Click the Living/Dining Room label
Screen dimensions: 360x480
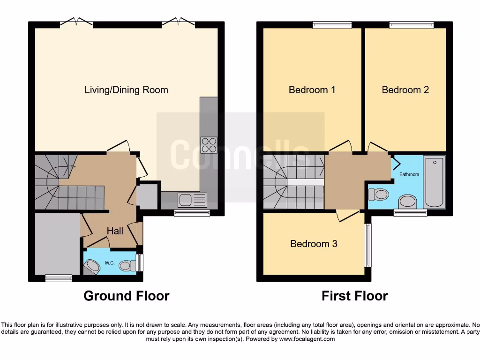126,90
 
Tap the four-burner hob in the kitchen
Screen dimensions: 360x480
209,144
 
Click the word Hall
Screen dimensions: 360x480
115,231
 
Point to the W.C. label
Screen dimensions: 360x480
110,263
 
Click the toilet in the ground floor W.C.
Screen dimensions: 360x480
126,266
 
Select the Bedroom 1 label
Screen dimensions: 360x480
312,90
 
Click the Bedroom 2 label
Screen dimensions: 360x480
405,90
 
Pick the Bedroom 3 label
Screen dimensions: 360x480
314,244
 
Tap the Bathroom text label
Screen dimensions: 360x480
409,174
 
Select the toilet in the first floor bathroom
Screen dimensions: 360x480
379,194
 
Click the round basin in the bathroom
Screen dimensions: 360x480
407,202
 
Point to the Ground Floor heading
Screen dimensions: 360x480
126,296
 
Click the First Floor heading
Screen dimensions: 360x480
354,296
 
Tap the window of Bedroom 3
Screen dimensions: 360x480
368,245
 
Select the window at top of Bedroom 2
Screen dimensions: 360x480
411,25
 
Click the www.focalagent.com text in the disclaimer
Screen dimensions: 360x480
307,338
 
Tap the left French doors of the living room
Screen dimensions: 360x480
76,22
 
